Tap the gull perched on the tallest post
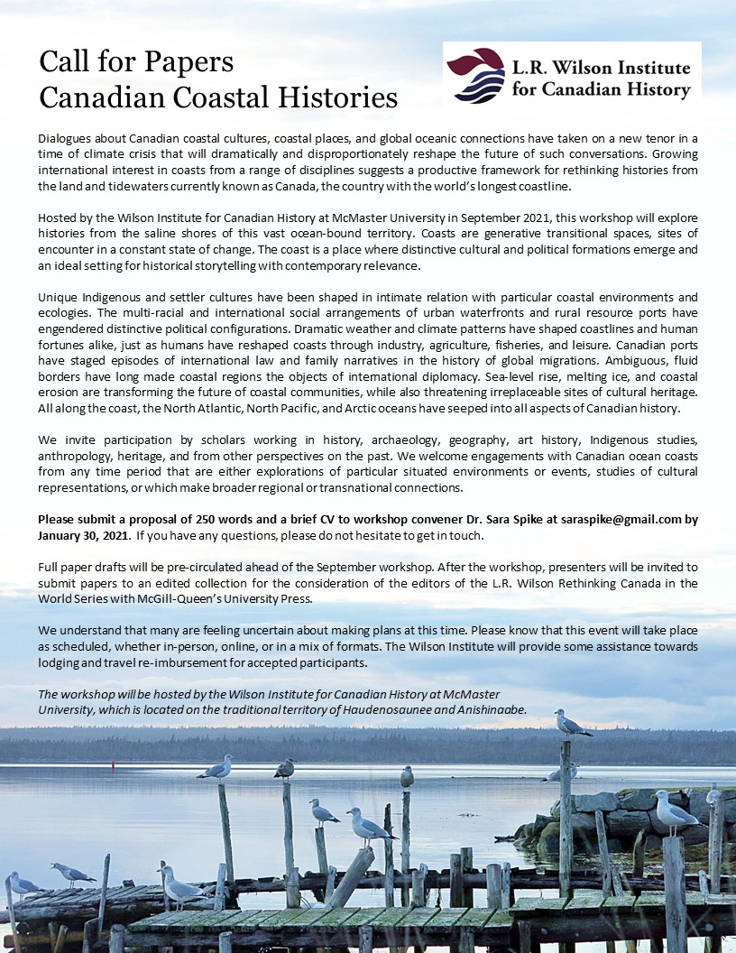(x=572, y=723)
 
